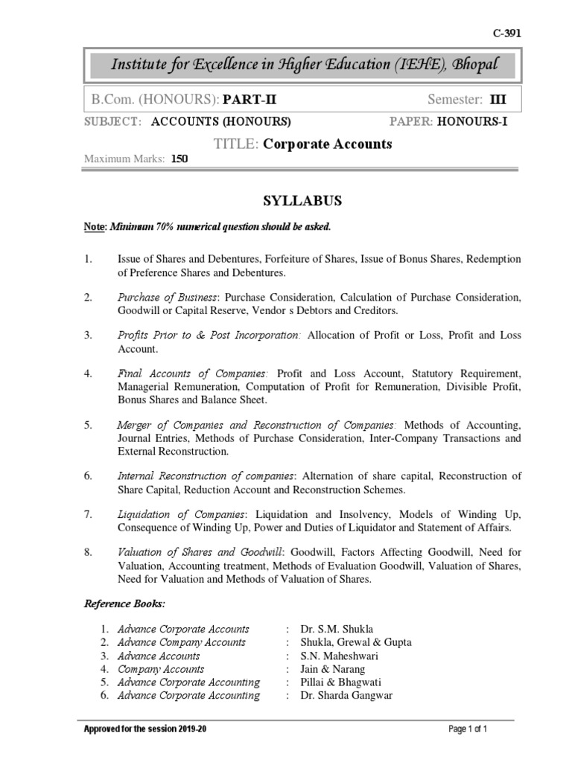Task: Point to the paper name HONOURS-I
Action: point(472,122)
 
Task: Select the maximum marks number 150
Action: point(179,159)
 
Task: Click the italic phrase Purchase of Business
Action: point(168,297)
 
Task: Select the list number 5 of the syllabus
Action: point(87,424)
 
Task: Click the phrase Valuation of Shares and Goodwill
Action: point(200,552)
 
